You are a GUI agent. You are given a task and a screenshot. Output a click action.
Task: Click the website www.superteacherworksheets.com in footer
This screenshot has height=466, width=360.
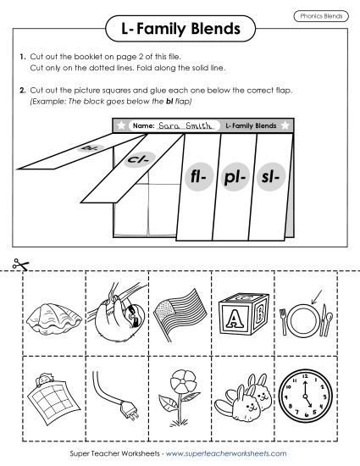click(x=235, y=454)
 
